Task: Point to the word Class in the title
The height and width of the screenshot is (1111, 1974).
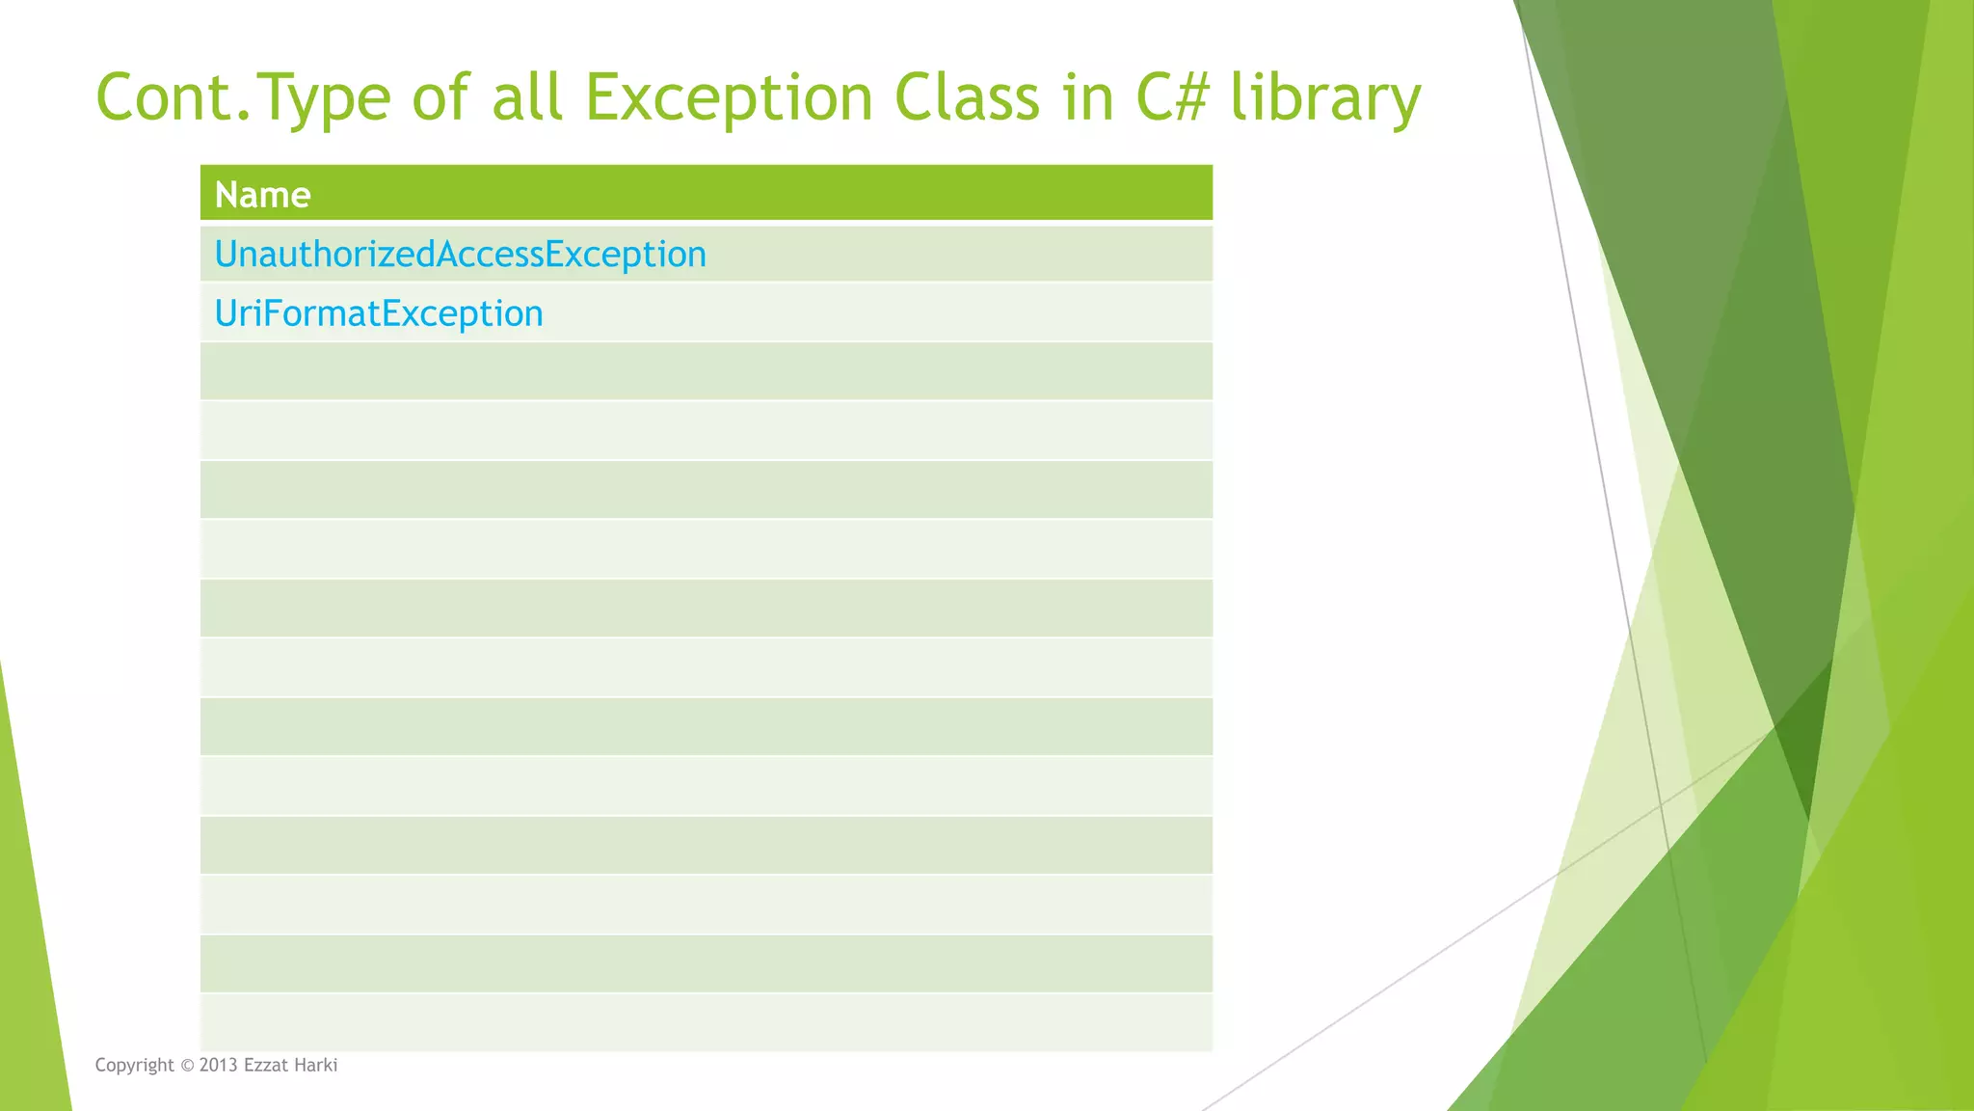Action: (x=967, y=97)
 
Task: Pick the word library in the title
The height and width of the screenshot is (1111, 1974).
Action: (x=1325, y=99)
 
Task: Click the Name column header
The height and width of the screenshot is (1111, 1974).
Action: (x=262, y=195)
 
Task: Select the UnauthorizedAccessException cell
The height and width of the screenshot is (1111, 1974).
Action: (x=460, y=255)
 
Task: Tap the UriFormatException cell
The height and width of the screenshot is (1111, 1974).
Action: (x=379, y=313)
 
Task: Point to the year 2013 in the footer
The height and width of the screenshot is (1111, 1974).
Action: (x=219, y=1066)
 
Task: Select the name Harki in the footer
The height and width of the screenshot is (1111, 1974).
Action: (x=315, y=1066)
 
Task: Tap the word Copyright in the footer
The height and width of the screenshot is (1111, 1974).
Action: (x=134, y=1066)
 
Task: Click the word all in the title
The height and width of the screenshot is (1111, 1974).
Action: (x=526, y=97)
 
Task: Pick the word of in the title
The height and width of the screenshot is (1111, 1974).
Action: (x=441, y=97)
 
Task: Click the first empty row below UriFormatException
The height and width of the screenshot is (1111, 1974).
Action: (x=706, y=372)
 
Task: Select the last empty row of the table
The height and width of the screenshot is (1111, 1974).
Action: (x=706, y=1022)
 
